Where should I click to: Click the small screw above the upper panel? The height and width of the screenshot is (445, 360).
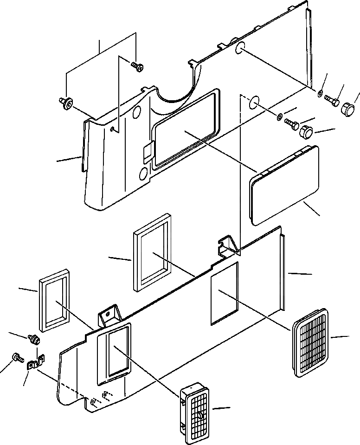pyautogui.click(x=136, y=67)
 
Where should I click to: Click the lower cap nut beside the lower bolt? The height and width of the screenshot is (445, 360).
pyautogui.click(x=307, y=132)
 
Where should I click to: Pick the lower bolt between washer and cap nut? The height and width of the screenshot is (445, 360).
pyautogui.click(x=292, y=124)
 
